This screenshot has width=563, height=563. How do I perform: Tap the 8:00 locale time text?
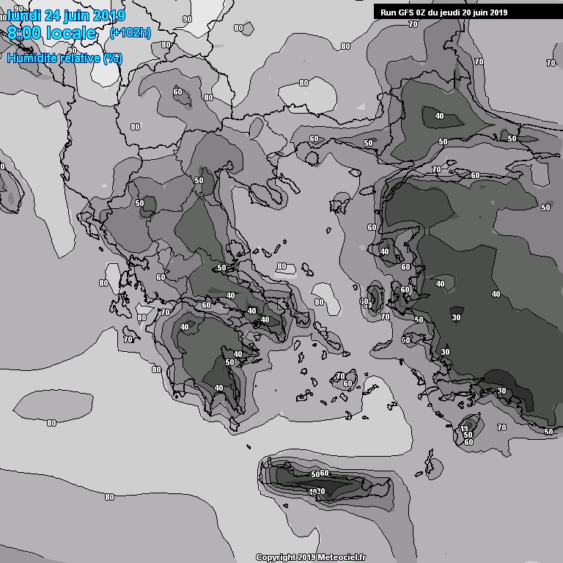point(51,33)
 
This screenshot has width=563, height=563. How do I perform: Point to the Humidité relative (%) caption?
point(65,58)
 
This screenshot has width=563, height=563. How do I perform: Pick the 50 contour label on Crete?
point(315,474)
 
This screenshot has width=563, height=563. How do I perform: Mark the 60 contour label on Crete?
point(325,473)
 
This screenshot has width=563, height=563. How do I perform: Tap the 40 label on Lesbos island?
point(384,251)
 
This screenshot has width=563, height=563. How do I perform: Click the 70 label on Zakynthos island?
point(128,339)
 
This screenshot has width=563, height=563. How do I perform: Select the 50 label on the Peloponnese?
point(229,362)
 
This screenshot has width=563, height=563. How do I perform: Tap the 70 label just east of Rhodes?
point(501,427)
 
